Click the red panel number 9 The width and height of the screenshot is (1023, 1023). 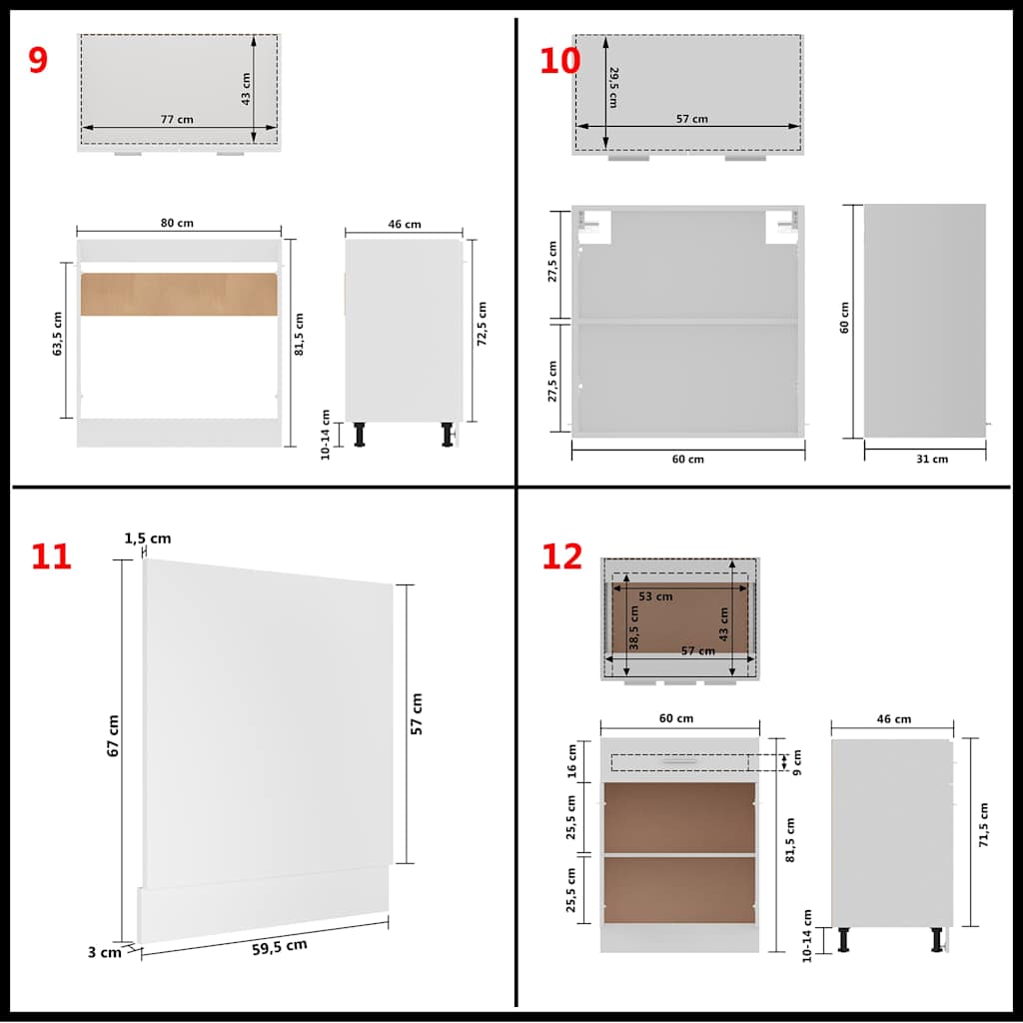coord(37,60)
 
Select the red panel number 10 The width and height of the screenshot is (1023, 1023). coord(559,60)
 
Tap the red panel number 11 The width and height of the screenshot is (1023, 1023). coord(51,556)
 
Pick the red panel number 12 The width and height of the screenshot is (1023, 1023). coord(561,556)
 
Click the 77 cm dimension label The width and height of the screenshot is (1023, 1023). coord(177,119)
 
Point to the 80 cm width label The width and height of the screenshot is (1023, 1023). coord(178,223)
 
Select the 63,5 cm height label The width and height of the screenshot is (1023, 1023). coord(58,334)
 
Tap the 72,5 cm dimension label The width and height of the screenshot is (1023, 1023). coord(482,323)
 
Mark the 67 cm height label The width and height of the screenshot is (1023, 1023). coord(113,734)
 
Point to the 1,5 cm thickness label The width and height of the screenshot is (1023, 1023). coord(148,538)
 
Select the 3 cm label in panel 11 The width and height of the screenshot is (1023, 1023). coord(103,952)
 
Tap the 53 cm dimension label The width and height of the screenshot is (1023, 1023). coord(655,596)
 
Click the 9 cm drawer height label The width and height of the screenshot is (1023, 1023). coord(796,762)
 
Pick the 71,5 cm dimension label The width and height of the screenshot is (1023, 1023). coord(983,824)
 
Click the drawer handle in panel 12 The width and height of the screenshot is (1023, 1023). coord(679,762)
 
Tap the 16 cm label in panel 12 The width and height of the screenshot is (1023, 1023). coord(572,760)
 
